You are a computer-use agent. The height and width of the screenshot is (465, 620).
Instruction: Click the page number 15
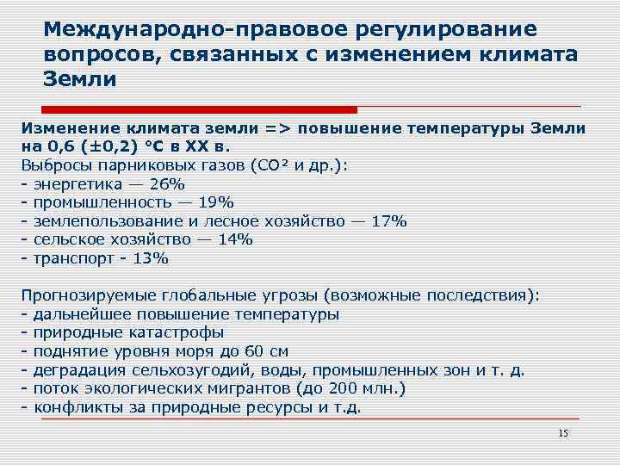coord(564,433)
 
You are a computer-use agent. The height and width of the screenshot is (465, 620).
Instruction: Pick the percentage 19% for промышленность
coord(215,202)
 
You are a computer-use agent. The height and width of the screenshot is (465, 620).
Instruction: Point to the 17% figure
coord(388,221)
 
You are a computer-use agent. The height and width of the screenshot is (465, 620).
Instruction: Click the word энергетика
coord(77,184)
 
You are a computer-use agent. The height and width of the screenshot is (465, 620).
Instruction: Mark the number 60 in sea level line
coord(252,350)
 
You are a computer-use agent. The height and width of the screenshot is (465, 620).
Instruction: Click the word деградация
coord(78,369)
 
